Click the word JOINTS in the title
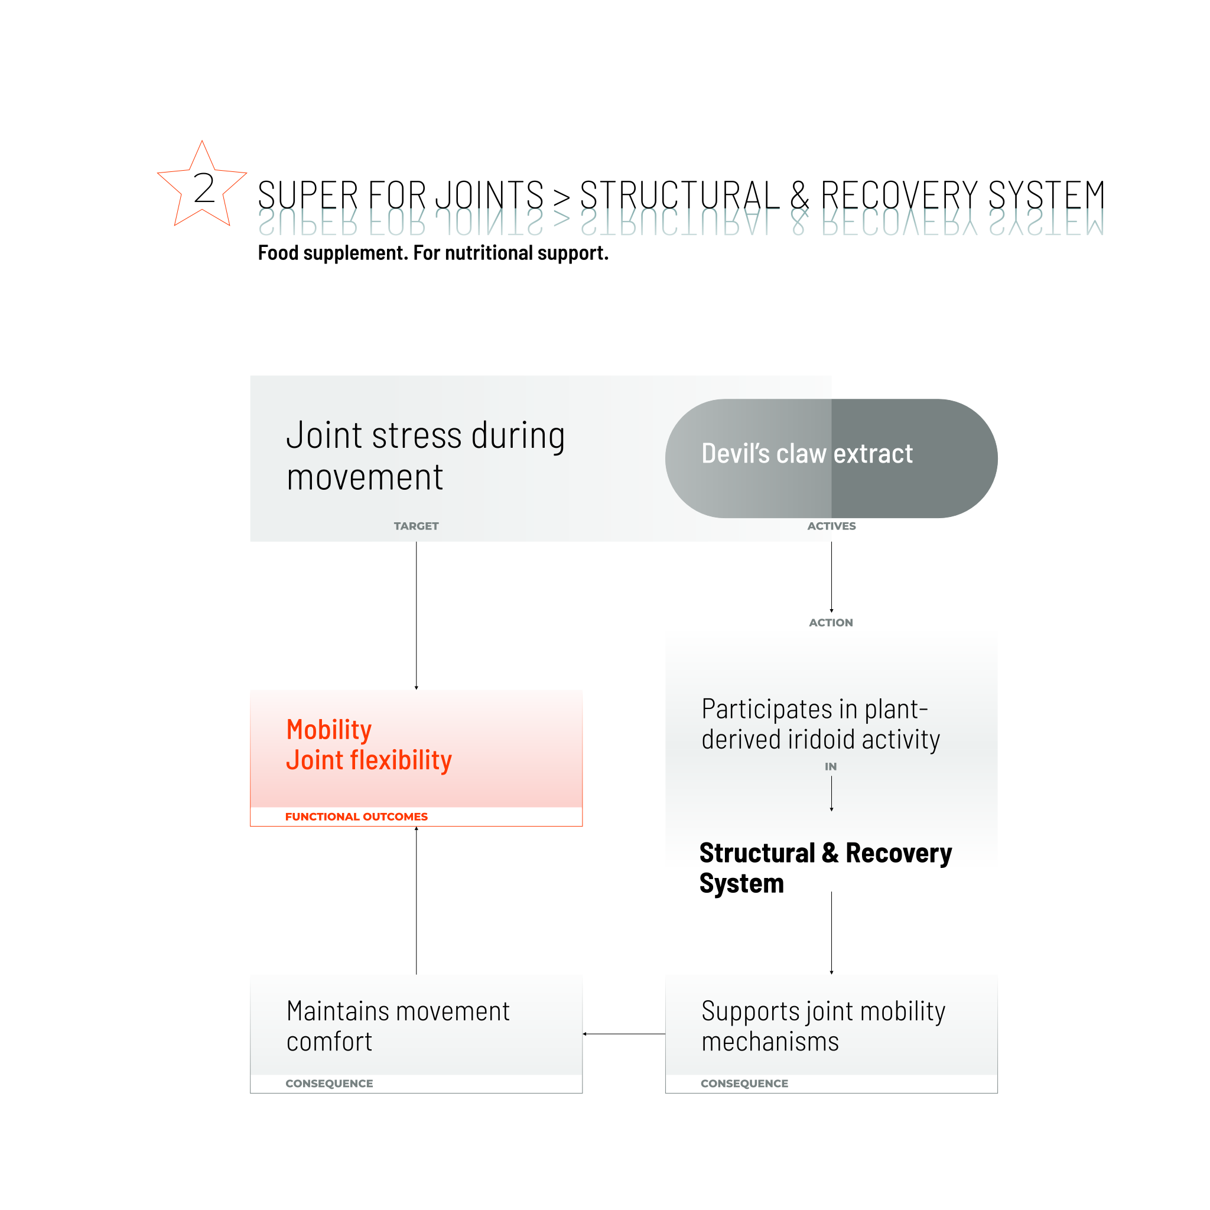(489, 195)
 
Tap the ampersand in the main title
(799, 195)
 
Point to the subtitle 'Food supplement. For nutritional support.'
(432, 253)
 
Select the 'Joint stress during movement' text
(425, 456)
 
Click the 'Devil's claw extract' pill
(831, 458)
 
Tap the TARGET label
(416, 526)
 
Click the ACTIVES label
(831, 526)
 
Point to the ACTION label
(831, 623)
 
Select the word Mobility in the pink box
(329, 730)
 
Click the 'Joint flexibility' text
(369, 760)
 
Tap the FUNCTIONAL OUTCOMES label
(356, 817)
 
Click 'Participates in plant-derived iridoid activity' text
(821, 724)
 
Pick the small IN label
(831, 766)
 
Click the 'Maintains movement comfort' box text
(398, 1026)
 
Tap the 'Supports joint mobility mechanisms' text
(823, 1026)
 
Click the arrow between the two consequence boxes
(624, 1034)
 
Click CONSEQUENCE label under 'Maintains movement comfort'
(329, 1084)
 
